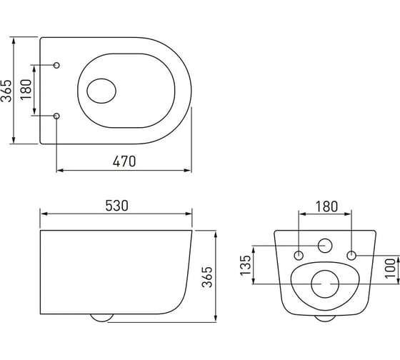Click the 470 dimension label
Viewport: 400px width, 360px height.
(124, 161)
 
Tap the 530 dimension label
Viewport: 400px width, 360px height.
(117, 206)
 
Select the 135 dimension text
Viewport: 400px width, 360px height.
(246, 265)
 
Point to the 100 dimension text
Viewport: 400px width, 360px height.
(390, 268)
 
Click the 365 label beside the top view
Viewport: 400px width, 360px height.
(6, 91)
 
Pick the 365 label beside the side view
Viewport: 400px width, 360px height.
(207, 277)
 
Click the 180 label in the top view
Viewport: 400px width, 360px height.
(26, 89)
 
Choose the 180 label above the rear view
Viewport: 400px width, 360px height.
(326, 206)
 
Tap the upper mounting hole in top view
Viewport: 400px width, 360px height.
(56, 65)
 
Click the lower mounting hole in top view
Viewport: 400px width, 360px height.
(56, 116)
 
